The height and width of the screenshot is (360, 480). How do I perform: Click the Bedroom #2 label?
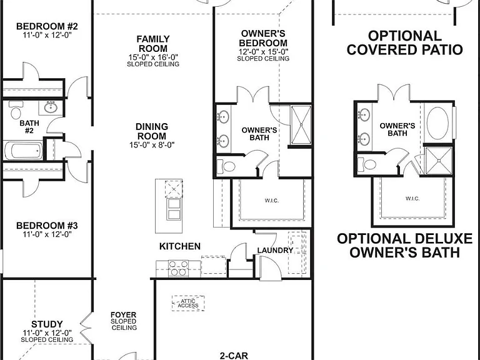47,26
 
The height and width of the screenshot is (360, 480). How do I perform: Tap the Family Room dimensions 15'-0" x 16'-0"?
153,57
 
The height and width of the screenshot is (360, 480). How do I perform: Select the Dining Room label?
152,131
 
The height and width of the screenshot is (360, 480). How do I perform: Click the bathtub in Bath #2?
24,150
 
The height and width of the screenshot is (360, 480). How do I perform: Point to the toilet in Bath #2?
16,110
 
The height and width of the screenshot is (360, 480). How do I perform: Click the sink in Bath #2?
50,107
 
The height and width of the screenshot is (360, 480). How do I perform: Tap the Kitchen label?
180,246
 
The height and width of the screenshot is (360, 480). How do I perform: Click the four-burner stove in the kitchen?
178,268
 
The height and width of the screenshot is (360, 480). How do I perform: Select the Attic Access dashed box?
188,303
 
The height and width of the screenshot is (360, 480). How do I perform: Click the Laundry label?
275,251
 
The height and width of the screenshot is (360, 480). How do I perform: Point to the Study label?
47,324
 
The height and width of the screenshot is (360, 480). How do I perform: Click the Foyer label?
123,315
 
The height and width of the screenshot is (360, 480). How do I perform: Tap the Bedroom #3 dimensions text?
47,234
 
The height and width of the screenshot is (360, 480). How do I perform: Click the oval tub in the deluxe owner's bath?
437,123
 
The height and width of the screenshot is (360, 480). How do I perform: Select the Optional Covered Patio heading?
405,42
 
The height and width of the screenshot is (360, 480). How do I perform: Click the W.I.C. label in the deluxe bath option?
412,199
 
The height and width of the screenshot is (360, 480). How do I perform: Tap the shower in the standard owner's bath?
301,124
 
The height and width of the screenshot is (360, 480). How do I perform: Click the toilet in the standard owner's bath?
226,166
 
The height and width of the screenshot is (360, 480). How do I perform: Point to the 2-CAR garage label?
234,356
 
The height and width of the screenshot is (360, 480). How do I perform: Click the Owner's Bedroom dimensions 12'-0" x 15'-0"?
263,51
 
